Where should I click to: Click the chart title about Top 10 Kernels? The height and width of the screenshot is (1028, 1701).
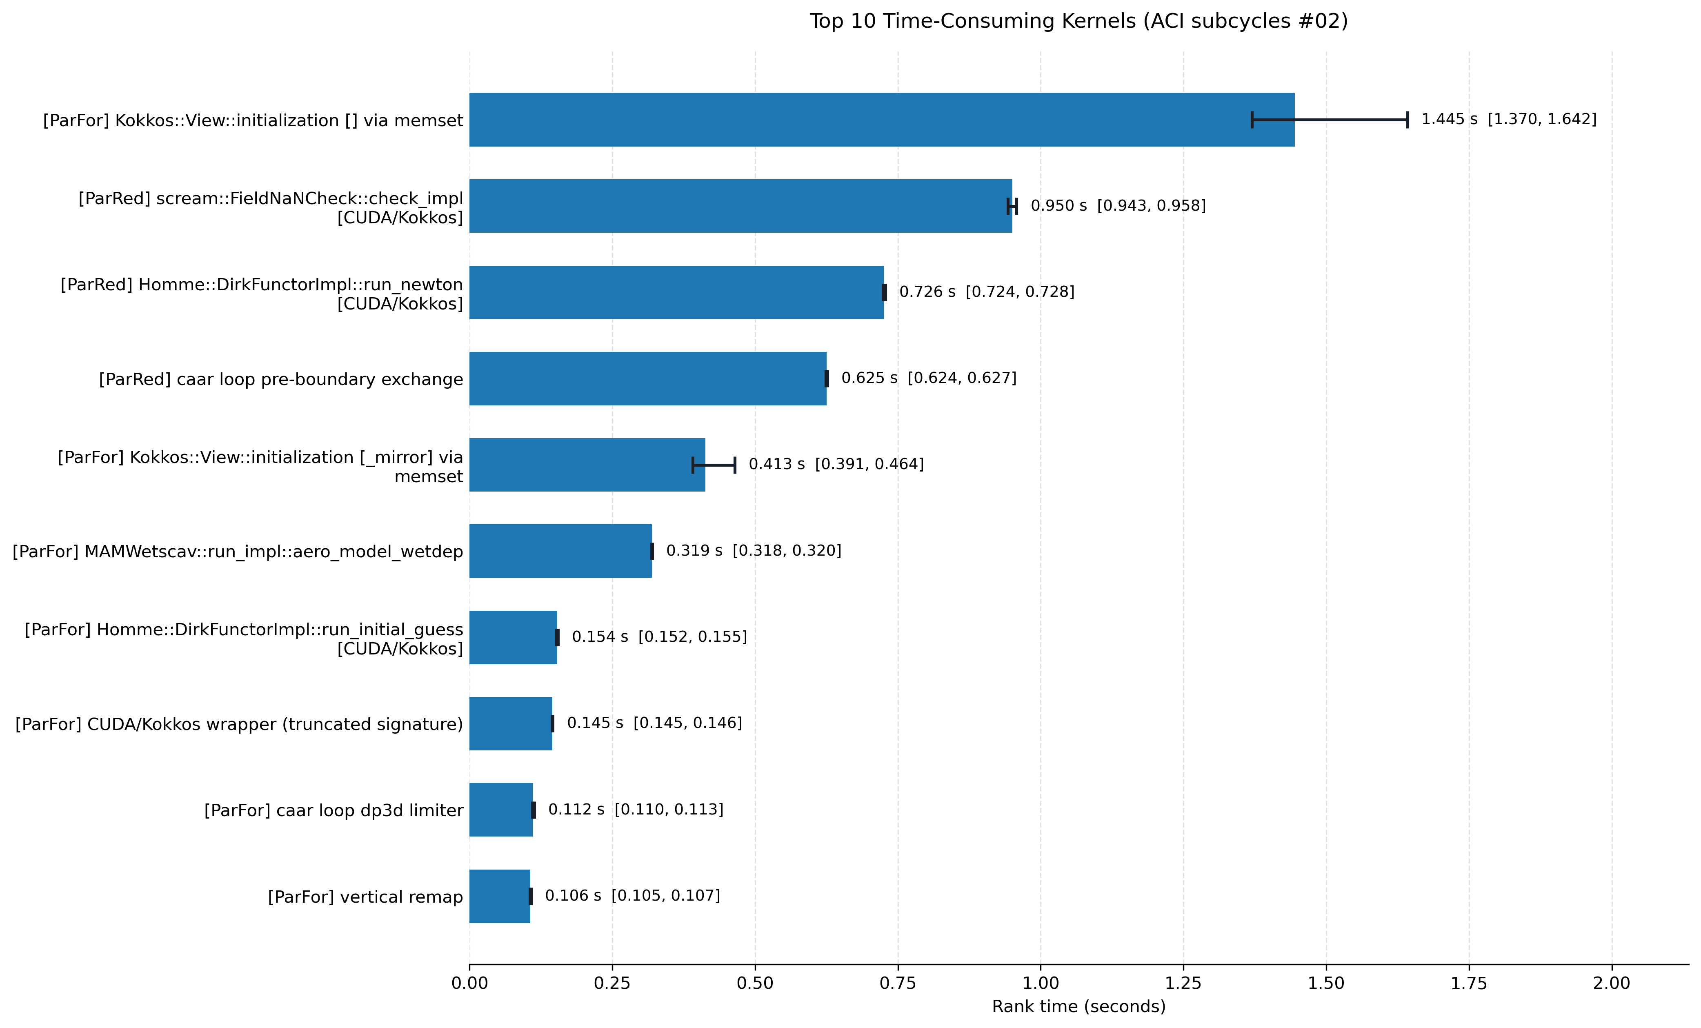(1078, 21)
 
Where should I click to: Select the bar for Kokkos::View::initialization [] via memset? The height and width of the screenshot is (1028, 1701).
(882, 120)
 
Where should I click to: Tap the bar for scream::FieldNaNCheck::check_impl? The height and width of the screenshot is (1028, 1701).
(741, 206)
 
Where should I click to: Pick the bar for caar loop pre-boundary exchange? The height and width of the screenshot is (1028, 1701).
(647, 378)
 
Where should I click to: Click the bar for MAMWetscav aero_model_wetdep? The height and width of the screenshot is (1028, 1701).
(560, 551)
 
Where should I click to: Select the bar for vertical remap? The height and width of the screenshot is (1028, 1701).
(500, 896)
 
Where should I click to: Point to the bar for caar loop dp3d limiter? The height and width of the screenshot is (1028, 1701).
(501, 810)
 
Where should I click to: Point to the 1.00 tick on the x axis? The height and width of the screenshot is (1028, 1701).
(1041, 968)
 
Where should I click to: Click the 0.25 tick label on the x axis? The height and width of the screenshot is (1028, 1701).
(612, 983)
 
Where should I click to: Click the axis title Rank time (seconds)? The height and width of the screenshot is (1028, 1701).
(1078, 1007)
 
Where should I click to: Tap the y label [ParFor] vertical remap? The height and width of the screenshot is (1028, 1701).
(365, 897)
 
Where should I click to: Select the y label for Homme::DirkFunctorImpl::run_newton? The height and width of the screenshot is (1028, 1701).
(262, 294)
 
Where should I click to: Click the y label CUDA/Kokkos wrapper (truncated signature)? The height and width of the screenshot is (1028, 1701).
(239, 724)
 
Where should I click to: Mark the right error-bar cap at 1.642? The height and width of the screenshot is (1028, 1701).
(1407, 120)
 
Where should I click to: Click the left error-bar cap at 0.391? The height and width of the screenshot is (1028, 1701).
(692, 465)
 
